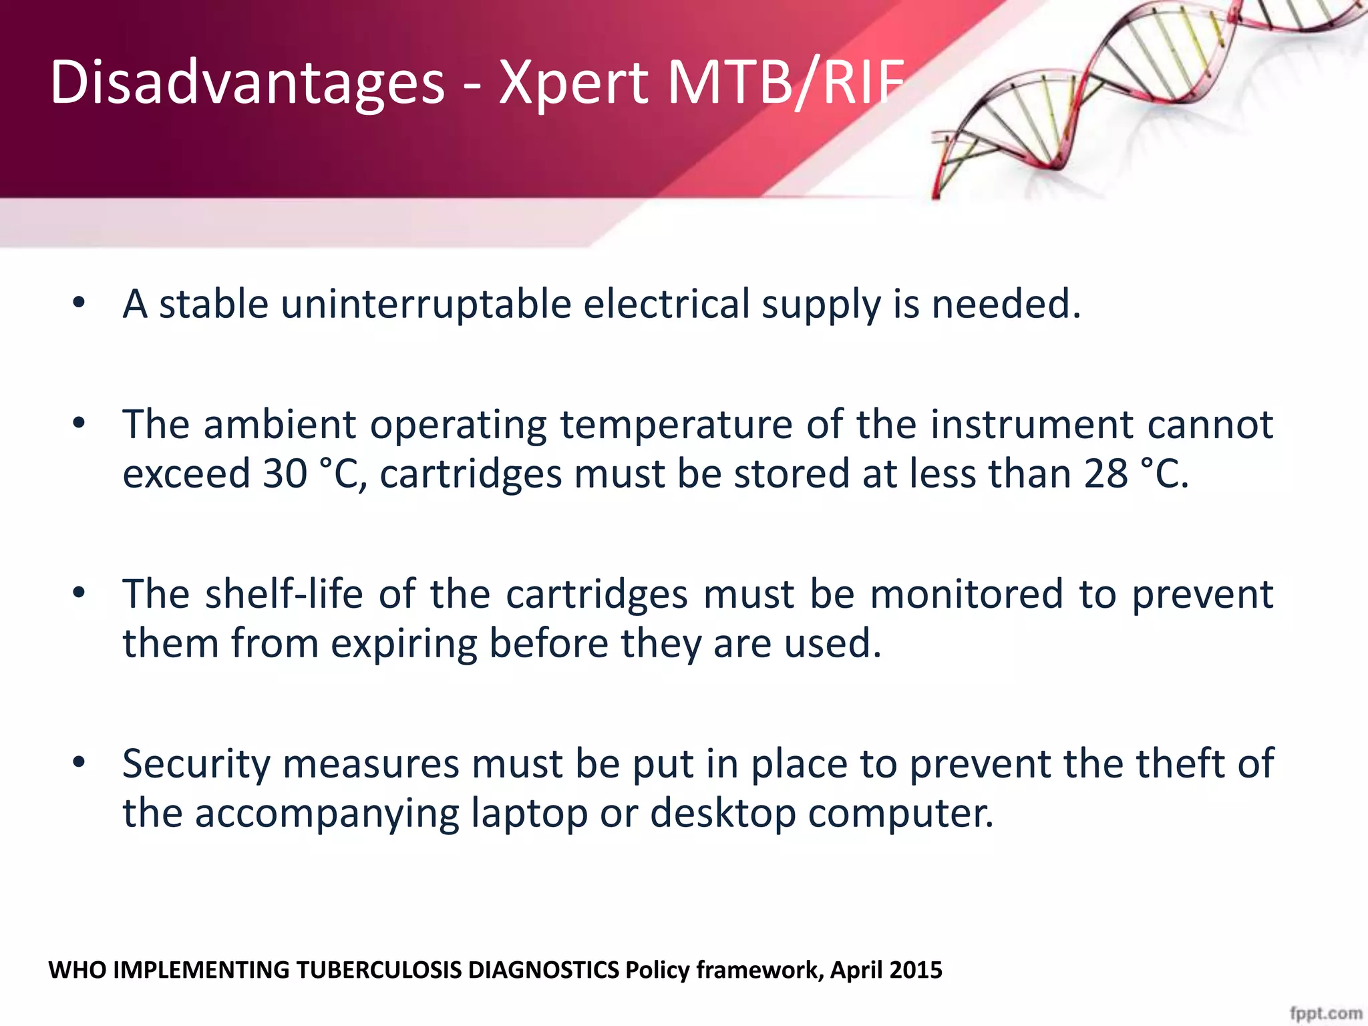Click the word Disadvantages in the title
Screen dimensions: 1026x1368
[x=247, y=83]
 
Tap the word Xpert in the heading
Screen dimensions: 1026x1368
[x=573, y=83]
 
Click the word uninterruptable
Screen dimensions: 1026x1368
[x=425, y=305]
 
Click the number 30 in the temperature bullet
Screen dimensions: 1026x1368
[x=285, y=474]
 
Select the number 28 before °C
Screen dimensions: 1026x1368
[x=1105, y=474]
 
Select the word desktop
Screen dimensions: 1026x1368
[x=723, y=814]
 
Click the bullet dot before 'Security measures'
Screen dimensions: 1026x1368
[x=79, y=762]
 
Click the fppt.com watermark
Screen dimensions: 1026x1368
[x=1325, y=1013]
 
